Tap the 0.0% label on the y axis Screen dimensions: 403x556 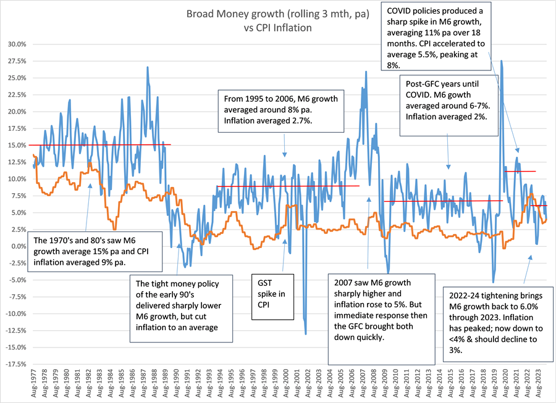[16, 246]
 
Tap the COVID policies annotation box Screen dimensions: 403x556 [436, 36]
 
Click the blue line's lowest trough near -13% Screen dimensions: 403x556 [306, 334]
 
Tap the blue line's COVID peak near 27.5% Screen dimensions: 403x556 [501, 61]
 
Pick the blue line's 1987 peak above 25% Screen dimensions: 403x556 [147, 67]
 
